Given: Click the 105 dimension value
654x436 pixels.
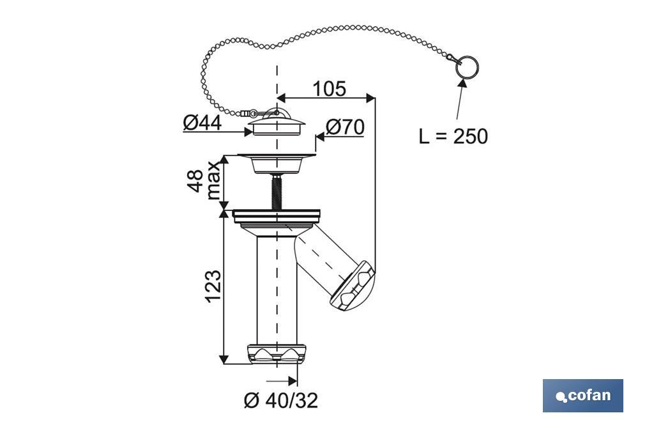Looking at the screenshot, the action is click(329, 88).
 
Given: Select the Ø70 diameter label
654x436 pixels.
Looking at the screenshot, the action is click(345, 127).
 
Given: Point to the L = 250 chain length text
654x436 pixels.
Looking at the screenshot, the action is click(453, 136).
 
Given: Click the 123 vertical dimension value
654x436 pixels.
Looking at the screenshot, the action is click(213, 286).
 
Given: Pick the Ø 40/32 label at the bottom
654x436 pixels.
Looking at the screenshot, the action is click(281, 400).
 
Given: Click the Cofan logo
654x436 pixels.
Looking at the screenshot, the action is click(582, 396).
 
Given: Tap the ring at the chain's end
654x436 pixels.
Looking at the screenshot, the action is click(467, 68).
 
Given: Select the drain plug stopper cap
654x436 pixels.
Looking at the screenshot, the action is click(277, 125).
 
